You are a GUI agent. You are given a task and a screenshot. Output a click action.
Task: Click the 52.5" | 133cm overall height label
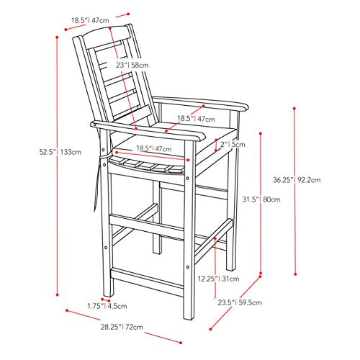(x=60, y=152)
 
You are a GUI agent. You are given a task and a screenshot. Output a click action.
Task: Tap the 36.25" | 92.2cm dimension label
(x=297, y=180)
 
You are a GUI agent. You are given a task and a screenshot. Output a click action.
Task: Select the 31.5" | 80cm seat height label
(x=261, y=199)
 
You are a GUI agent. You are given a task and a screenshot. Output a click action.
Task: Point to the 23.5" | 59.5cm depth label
(x=240, y=302)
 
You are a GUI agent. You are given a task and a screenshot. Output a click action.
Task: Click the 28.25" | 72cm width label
(x=122, y=327)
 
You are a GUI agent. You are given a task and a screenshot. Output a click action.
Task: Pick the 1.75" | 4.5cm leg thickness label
(x=107, y=306)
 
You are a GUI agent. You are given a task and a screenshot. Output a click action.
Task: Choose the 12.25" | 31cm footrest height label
(x=218, y=279)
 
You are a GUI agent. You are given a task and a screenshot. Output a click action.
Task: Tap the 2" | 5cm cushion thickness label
(x=233, y=144)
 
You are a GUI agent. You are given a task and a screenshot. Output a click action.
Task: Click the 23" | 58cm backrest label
(x=132, y=65)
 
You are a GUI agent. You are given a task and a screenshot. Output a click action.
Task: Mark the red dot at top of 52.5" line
(x=57, y=37)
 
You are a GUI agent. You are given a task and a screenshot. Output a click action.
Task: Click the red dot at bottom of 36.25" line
(x=295, y=274)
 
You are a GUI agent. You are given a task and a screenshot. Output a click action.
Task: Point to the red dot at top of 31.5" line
(x=261, y=133)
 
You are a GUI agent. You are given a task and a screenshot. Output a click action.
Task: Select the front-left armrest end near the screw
(x=94, y=125)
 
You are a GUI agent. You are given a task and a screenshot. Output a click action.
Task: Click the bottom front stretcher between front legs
(x=146, y=282)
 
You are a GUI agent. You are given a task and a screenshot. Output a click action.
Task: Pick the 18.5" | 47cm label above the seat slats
(x=154, y=148)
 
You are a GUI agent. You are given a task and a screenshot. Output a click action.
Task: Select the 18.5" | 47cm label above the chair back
(x=90, y=20)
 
